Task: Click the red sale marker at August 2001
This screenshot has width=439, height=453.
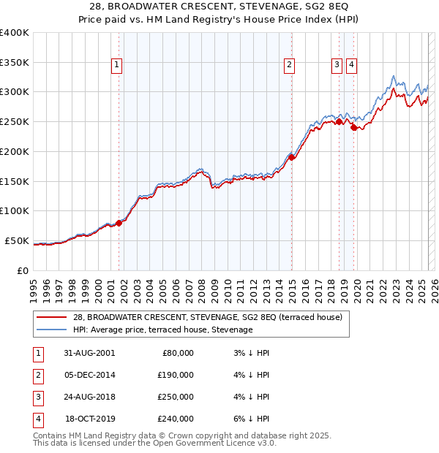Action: (119, 223)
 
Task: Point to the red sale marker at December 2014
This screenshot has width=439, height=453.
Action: (291, 157)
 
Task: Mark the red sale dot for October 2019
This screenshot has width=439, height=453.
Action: (354, 128)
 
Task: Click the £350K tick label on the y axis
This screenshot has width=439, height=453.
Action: (15, 62)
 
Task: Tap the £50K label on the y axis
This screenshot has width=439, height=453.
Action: (18, 240)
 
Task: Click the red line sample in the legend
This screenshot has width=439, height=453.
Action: (52, 317)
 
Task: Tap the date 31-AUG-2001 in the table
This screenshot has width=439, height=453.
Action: (89, 353)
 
